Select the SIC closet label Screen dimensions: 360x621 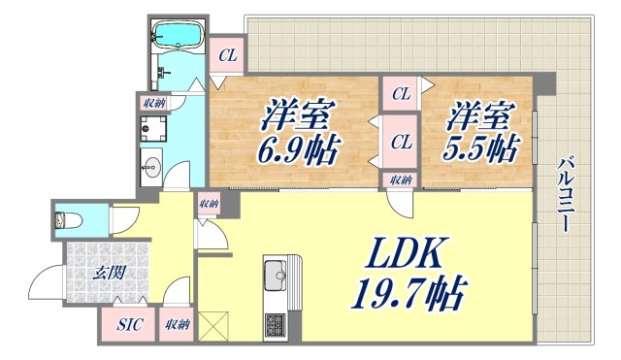click(x=127, y=325)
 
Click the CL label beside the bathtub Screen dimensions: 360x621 click(x=227, y=55)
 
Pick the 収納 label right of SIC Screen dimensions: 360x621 click(x=176, y=325)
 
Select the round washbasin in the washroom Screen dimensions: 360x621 click(x=152, y=168)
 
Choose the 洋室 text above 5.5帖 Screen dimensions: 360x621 click(x=477, y=117)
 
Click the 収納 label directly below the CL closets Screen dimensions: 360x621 click(x=402, y=180)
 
